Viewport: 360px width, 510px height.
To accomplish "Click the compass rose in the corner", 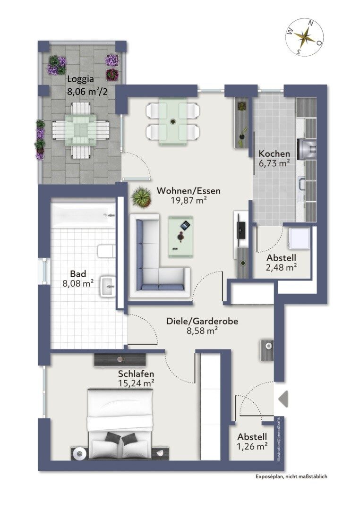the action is (x=304, y=36).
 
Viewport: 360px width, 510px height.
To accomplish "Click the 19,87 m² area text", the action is (x=189, y=200).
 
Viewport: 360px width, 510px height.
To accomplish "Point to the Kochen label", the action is (x=274, y=154).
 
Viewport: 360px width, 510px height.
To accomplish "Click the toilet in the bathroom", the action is (x=106, y=250).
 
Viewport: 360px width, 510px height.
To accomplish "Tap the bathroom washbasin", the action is (x=108, y=286).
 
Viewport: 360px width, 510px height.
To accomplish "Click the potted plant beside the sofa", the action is (x=141, y=197).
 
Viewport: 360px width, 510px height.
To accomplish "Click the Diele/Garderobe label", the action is (x=202, y=322).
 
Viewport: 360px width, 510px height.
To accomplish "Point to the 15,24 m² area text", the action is (x=137, y=383).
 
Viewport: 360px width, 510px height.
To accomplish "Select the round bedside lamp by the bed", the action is (x=79, y=453).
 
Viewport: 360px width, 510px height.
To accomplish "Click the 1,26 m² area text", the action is (x=253, y=446).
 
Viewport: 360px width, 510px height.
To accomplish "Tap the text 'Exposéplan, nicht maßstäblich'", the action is (x=291, y=476).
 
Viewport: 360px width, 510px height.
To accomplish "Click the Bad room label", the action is (x=78, y=274).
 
